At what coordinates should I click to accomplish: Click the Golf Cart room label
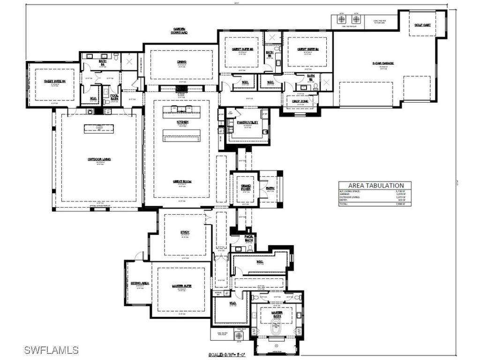tap(423, 25)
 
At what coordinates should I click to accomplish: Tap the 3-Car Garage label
tap(383, 63)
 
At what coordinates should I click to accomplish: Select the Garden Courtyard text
tap(180, 31)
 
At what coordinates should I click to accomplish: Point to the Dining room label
tap(182, 62)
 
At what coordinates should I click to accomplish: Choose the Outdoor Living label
tap(99, 159)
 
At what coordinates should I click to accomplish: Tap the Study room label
tap(185, 232)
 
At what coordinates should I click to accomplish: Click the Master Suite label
tap(181, 285)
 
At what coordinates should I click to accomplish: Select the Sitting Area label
tap(140, 283)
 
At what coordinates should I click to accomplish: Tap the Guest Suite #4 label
tap(54, 81)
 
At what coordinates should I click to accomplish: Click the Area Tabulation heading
tap(375, 185)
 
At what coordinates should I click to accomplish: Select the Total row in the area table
tap(375, 204)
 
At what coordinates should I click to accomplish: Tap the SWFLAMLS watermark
tap(52, 350)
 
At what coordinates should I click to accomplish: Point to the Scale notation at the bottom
tap(229, 355)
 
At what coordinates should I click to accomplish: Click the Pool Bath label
tap(114, 97)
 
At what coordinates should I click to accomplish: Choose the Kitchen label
tap(182, 122)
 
